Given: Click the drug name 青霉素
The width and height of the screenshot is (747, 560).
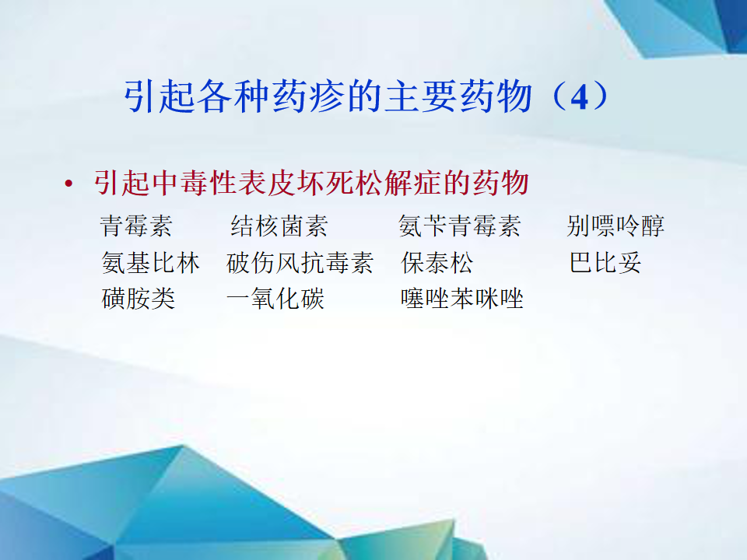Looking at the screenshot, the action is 136,226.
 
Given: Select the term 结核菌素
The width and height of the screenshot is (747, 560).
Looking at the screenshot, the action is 279,226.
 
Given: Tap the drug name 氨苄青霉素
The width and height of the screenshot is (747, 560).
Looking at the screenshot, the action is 460,226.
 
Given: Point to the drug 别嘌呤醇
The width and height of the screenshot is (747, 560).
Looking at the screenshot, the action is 615,226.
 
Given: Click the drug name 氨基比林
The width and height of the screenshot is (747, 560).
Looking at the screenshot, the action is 150,263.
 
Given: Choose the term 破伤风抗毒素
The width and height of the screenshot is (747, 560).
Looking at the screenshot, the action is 300,263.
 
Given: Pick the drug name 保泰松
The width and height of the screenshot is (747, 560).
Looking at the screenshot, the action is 437,263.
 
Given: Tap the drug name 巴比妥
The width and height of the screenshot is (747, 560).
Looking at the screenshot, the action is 605,263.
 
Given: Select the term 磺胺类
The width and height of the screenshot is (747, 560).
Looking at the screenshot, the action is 139,299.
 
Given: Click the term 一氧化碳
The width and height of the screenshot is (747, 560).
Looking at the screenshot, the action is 275,299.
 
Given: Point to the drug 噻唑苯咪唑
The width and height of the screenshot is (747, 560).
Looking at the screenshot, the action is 462,299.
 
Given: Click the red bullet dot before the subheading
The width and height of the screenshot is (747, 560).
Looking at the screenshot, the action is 69,184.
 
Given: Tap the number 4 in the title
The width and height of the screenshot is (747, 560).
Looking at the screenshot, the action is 579,98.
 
